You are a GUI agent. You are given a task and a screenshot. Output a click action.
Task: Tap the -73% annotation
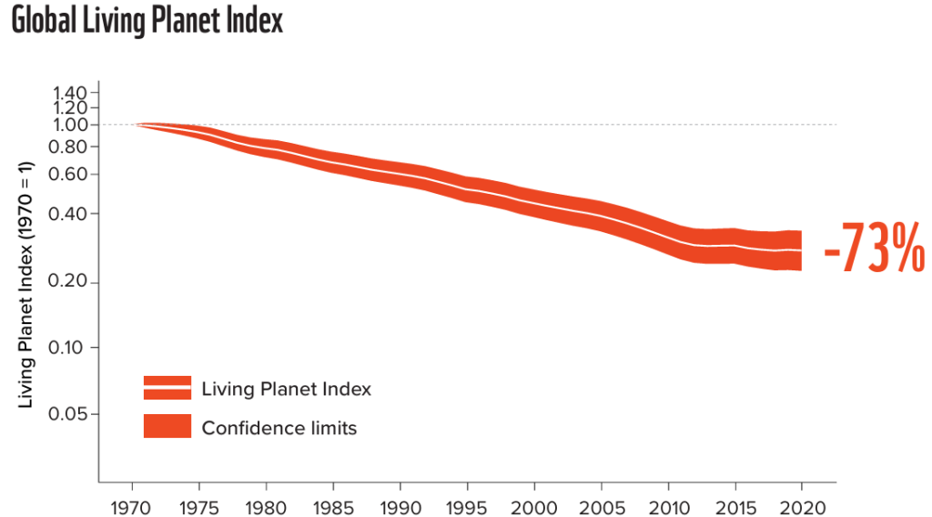[874, 248]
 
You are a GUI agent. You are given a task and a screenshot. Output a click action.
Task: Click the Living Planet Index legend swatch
[167, 388]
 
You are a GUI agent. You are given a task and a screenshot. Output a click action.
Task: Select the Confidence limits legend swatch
[167, 426]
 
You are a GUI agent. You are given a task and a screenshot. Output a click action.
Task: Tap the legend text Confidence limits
[279, 427]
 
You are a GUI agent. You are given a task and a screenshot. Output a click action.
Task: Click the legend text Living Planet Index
[287, 389]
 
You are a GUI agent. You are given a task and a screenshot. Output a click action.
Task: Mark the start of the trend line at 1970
[136, 124]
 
